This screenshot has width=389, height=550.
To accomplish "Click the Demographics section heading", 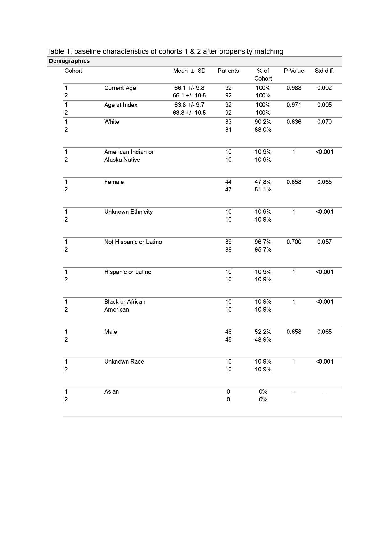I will (x=69, y=61).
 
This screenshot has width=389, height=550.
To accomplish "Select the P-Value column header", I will (x=294, y=71).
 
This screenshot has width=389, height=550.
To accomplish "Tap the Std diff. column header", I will (x=324, y=71).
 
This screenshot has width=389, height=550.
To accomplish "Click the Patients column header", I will (x=228, y=71).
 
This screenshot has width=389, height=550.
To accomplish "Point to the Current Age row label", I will (x=120, y=88).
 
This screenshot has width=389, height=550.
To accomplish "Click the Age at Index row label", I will (x=121, y=105).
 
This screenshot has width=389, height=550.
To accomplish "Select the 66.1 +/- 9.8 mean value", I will (x=189, y=88).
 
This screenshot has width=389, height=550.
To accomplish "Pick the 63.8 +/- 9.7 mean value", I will (x=189, y=105).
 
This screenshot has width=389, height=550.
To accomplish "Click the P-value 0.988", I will (x=294, y=88).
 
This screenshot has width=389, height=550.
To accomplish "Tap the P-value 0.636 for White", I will (x=294, y=122).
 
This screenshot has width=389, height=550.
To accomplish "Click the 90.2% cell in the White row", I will (x=263, y=122).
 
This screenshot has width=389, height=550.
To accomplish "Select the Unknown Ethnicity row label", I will (x=128, y=212).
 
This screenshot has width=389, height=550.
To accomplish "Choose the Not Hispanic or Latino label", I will (x=133, y=242).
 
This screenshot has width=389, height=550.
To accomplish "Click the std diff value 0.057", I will (x=324, y=242).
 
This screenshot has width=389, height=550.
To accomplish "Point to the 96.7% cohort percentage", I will (x=263, y=242).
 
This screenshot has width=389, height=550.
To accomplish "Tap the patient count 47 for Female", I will (x=228, y=190).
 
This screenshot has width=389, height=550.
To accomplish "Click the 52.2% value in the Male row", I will (x=263, y=332).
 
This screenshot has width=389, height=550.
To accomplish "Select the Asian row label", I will (x=112, y=392).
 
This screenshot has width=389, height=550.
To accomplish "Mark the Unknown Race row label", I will (x=124, y=362).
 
